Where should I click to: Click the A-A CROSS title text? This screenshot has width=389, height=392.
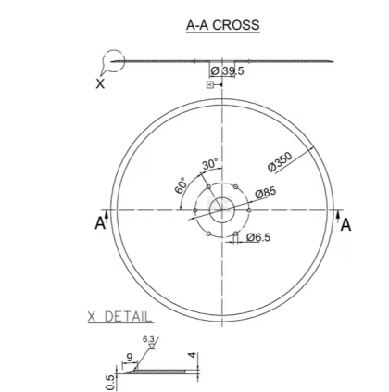pyautogui.click(x=223, y=25)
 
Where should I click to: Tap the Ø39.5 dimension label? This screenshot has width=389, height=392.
pyautogui.click(x=227, y=71)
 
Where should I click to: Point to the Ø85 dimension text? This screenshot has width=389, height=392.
pyautogui.click(x=266, y=193)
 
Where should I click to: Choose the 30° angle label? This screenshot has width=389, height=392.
pyautogui.click(x=210, y=164)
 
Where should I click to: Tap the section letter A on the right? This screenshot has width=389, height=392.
pyautogui.click(x=345, y=224)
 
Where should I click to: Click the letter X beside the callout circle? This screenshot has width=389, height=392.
pyautogui.click(x=100, y=82)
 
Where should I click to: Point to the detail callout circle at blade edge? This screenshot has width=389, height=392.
pyautogui.click(x=113, y=62)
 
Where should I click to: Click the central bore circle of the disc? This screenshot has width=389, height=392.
pyautogui.click(x=222, y=209)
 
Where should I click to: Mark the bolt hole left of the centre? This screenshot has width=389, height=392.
pyautogui.click(x=194, y=209)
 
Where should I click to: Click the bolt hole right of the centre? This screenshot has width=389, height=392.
pyautogui.click(x=250, y=209)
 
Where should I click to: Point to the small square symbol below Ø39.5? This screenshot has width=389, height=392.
pyautogui.click(x=210, y=84)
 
